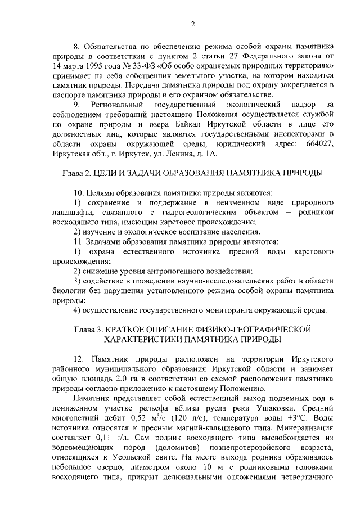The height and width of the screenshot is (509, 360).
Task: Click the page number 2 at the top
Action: click(x=192, y=24)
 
